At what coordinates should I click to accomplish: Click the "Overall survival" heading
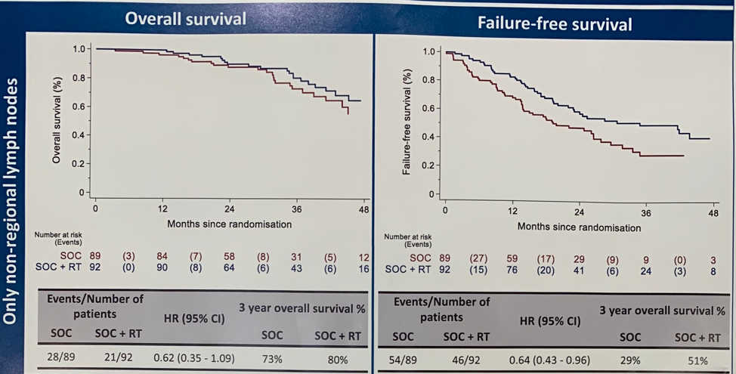coord(185,19)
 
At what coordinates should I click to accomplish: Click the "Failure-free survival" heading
coord(555,23)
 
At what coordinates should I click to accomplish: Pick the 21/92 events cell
coord(116,355)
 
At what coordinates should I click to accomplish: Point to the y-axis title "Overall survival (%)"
coord(56,121)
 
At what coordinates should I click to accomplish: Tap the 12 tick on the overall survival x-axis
coord(162,209)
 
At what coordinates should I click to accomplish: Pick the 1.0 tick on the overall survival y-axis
coord(79,49)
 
